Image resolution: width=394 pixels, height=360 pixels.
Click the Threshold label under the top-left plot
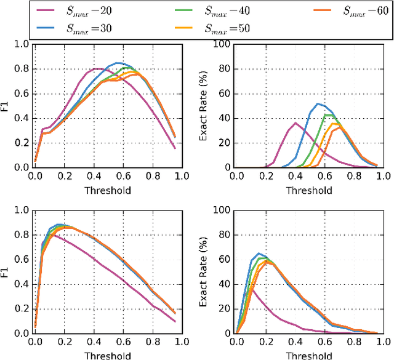(x=108, y=190)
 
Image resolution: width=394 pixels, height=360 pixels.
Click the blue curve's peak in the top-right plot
(x=318, y=103)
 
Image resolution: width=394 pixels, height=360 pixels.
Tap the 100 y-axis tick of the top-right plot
(x=222, y=44)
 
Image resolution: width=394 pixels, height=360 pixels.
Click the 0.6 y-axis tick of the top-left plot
(x=22, y=94)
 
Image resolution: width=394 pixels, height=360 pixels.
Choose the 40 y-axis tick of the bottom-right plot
(x=224, y=284)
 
